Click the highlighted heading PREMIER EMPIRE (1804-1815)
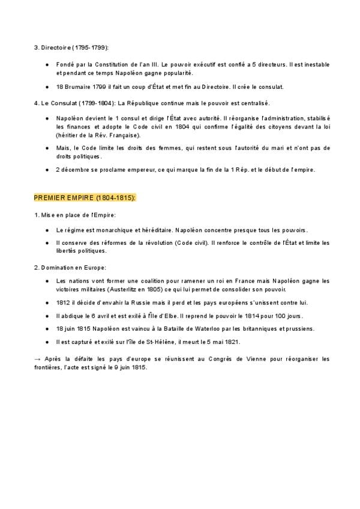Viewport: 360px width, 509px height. (85, 197)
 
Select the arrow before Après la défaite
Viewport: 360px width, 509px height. (38, 359)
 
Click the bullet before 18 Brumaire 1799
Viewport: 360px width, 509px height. (47, 87)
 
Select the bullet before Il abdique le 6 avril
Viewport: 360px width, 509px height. (47, 316)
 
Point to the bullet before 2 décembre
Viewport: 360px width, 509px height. (47, 169)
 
